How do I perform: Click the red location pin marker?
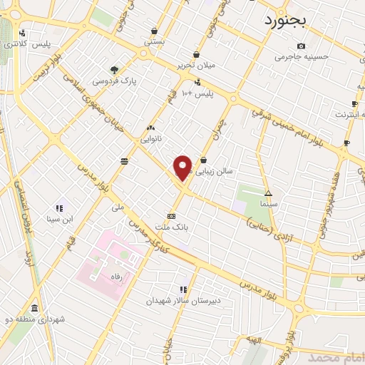[x=183, y=168]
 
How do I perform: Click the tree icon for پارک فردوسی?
[x=114, y=69]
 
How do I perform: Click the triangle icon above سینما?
[x=268, y=193]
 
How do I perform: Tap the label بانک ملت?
[x=171, y=227]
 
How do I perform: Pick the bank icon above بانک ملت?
[x=171, y=216]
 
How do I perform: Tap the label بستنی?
[x=155, y=42]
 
